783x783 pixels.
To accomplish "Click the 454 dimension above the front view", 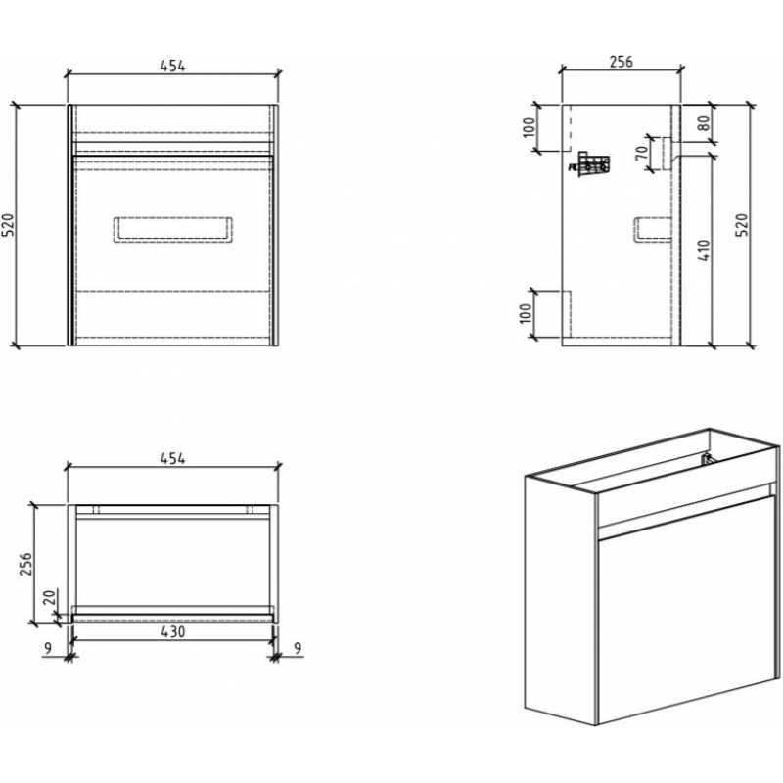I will tap(172, 66).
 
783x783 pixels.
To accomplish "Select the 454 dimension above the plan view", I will tap(172, 457).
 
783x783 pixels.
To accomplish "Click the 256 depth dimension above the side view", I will tap(622, 62).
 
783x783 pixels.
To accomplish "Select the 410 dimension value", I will tap(704, 253).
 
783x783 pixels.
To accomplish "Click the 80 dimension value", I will tap(706, 124).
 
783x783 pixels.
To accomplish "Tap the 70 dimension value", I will tap(642, 154).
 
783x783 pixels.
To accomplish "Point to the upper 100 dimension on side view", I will tap(530, 127).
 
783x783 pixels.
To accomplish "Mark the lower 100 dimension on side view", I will tap(529, 314).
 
